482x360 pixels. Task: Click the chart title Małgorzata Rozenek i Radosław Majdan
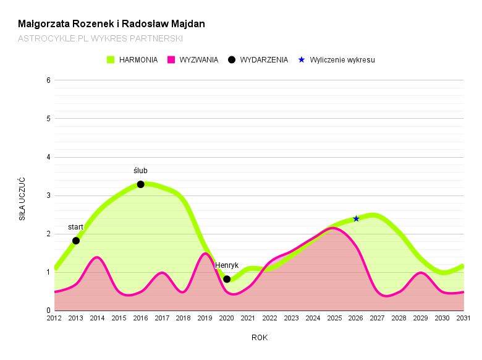click(111, 24)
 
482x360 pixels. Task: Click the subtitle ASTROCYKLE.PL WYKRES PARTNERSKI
click(100, 38)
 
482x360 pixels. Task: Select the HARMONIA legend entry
click(132, 60)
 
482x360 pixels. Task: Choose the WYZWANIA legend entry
click(193, 60)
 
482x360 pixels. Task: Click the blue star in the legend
click(302, 60)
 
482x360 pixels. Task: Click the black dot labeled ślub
click(140, 184)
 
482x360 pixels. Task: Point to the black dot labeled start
click(76, 241)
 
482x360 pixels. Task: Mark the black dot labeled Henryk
click(227, 279)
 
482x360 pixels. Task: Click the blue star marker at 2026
click(356, 218)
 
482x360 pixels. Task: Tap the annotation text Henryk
click(227, 265)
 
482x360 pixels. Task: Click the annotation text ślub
click(140, 171)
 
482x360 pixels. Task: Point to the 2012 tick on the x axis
click(54, 318)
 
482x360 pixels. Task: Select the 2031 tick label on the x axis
click(463, 318)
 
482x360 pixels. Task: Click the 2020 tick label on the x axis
click(227, 318)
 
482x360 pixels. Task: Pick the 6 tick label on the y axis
click(48, 80)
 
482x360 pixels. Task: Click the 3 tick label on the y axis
click(48, 195)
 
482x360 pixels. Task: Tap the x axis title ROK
click(259, 338)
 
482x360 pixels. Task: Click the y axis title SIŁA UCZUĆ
click(22, 199)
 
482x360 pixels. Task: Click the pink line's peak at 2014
click(97, 257)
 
